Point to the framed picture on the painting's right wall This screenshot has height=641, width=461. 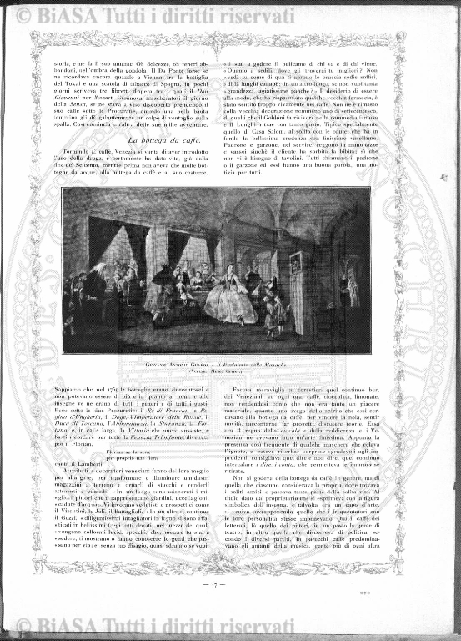point(294,263)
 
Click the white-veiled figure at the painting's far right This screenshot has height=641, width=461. point(353,289)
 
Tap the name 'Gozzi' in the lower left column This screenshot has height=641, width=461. point(80,538)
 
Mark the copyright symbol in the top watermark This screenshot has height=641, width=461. point(23,14)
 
